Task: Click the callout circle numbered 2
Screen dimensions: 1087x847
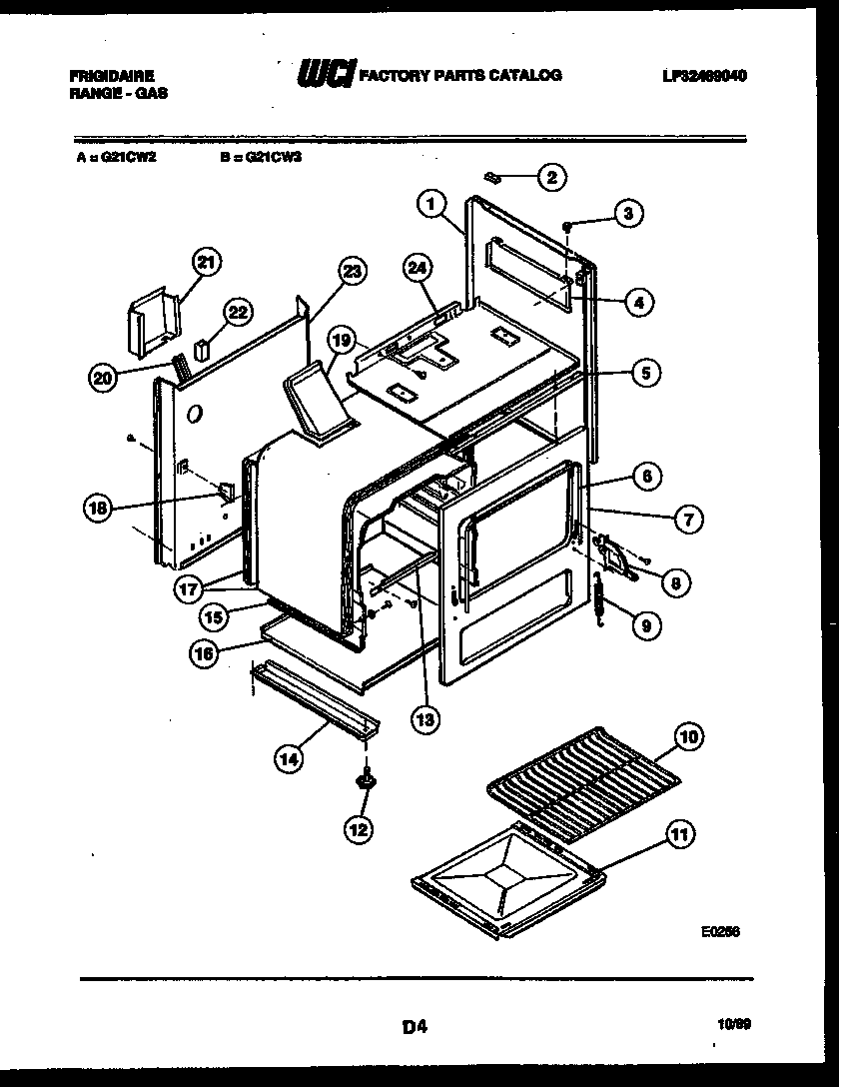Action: tap(550, 179)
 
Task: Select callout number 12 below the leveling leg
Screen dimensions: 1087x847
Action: tap(358, 828)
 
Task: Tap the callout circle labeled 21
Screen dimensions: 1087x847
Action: tap(205, 264)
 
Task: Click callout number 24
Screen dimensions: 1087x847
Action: tap(421, 268)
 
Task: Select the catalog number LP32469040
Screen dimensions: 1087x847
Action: tap(704, 76)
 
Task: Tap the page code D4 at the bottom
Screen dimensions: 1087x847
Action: tap(415, 1024)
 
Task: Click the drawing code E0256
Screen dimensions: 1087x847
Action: tap(721, 930)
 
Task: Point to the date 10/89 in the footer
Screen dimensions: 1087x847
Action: tap(733, 1024)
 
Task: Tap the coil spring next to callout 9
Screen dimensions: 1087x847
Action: tap(600, 602)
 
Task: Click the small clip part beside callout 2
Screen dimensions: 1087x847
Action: tap(492, 177)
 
